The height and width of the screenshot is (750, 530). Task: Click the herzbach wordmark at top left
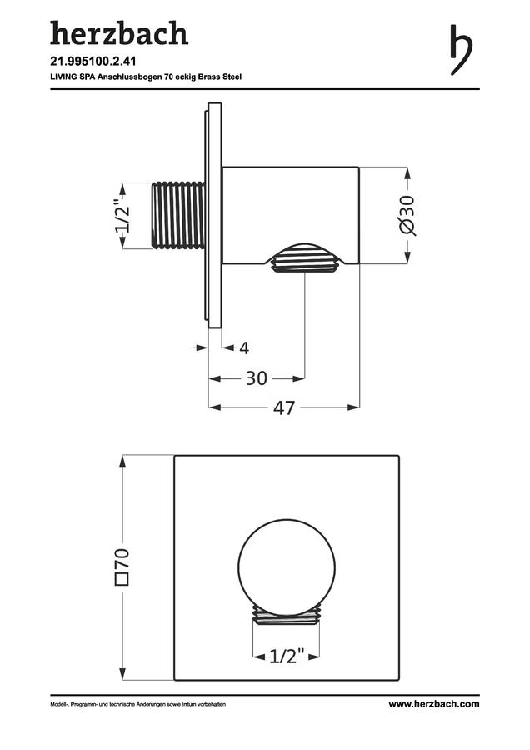pos(119,33)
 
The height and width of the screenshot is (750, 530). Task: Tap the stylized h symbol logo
pos(462,50)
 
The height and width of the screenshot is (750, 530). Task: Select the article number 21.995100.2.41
pos(93,62)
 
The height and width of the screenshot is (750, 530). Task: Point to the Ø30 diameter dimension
pos(407,215)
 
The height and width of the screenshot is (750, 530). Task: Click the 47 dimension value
pos(284,408)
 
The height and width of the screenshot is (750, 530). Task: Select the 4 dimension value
pos(244,347)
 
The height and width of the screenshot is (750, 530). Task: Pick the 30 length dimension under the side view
pos(257,378)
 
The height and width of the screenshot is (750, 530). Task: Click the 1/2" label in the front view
pos(287,657)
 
